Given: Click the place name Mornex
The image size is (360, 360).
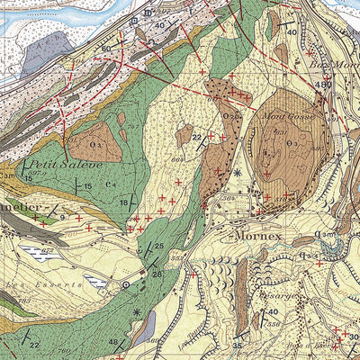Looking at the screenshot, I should tap(259, 238).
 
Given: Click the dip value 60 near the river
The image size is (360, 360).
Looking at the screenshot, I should tap(106, 48).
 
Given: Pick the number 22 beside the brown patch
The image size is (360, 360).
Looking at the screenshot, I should tap(196, 136).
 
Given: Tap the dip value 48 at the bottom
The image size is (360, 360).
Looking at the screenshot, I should tap(114, 343).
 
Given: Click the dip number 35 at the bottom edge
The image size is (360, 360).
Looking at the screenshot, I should tap(237, 345).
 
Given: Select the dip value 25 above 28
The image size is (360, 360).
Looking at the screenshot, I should tap(158, 247).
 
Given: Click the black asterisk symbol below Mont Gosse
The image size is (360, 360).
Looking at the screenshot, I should tap(238, 172).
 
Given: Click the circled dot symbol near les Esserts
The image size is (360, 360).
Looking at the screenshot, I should tap(126, 283).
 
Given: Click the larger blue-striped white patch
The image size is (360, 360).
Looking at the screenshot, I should tap(40, 252).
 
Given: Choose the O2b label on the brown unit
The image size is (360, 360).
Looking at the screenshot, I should tap(230, 116).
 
